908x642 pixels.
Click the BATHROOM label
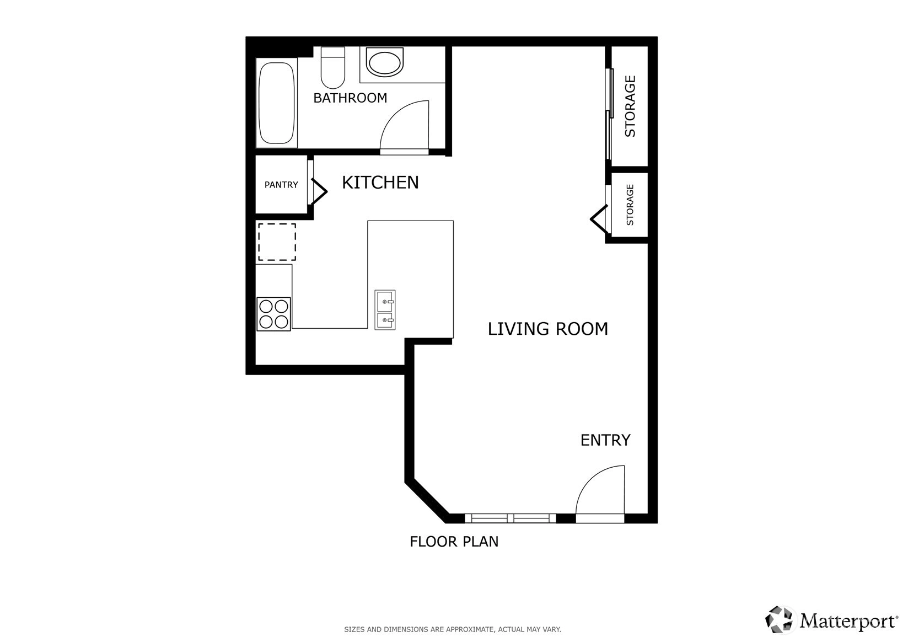point(350,98)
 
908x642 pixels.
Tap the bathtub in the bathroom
point(276,103)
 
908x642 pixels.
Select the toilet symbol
point(333,67)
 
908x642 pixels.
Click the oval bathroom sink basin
point(385,62)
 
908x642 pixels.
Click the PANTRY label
point(281,185)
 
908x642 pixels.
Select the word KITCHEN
point(380,183)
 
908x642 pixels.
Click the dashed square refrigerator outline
point(277,242)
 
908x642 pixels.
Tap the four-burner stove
point(273,314)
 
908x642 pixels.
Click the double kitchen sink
point(385,310)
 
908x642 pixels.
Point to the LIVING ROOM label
point(548,329)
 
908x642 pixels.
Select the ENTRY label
point(605,440)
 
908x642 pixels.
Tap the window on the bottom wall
point(511,518)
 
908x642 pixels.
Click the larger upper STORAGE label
point(630,106)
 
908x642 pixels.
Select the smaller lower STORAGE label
point(630,205)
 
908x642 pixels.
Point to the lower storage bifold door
point(599,219)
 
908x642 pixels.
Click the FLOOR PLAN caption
point(454,542)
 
